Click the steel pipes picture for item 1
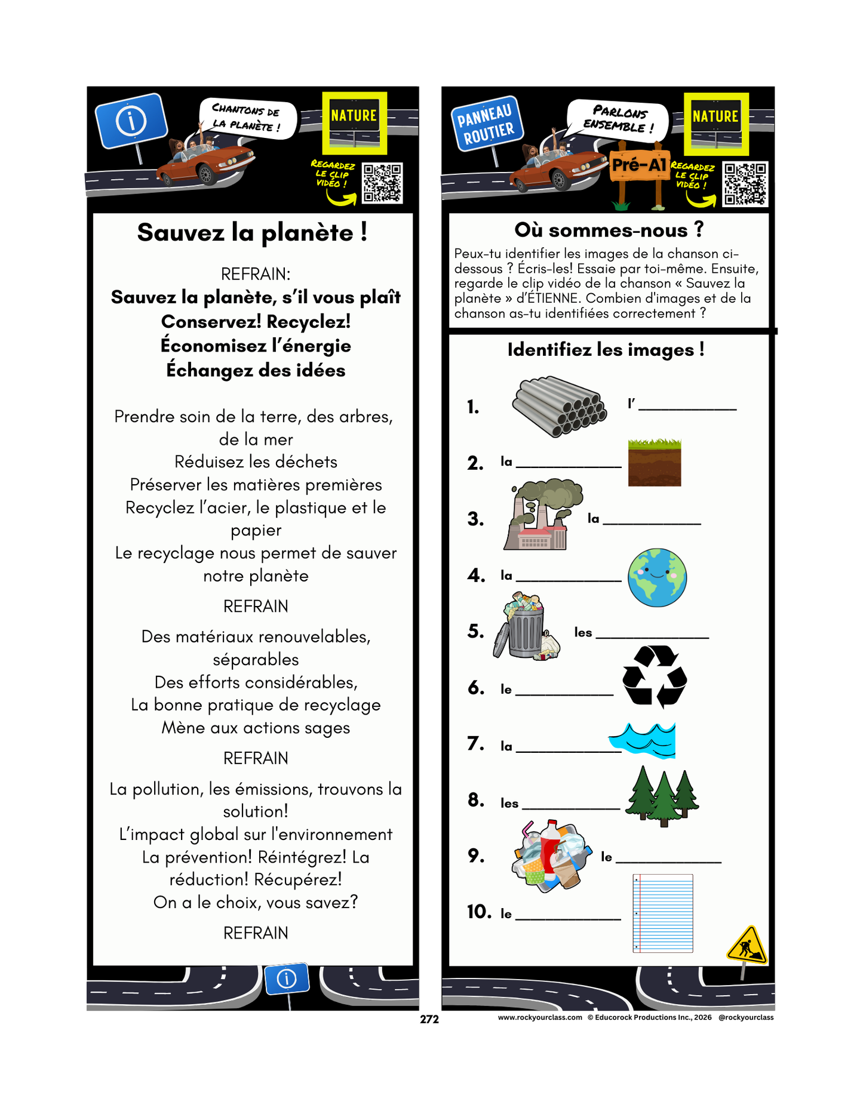pos(559,406)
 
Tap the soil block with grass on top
pos(655,463)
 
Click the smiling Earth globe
pos(657,577)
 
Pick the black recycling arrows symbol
pos(655,676)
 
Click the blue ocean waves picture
pos(644,740)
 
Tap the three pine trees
pos(662,796)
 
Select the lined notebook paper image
pos(662,913)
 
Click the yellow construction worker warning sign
pos(747,945)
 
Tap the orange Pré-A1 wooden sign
pos(639,164)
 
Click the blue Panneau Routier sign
pos(487,124)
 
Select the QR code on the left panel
pos(382,183)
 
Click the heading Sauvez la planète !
pos(252,233)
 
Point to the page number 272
pos(429,1019)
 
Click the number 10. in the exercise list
pos(479,912)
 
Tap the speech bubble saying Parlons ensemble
pos(618,118)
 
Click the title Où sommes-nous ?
pos(609,230)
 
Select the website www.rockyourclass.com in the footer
pos(539,1017)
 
